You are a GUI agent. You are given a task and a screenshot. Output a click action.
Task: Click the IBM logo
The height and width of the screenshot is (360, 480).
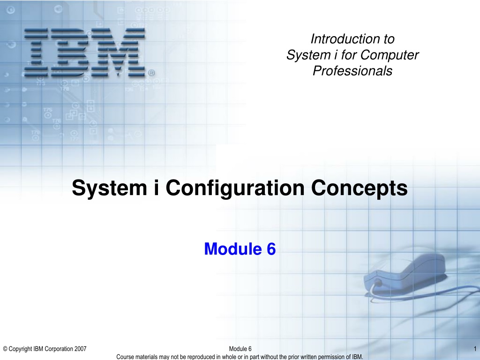pos(84,52)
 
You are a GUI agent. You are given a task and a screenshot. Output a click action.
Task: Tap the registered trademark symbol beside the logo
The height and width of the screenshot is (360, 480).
pos(151,73)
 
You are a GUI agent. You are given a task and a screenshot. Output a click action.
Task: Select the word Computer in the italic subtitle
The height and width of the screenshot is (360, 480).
pos(390,55)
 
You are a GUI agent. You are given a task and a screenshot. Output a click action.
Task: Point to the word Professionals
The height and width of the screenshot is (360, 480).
pos(352,71)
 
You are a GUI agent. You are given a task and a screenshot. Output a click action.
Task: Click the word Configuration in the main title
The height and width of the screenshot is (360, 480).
pos(235,188)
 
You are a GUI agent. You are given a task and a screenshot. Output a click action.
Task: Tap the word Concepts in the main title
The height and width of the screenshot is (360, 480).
pos(360,188)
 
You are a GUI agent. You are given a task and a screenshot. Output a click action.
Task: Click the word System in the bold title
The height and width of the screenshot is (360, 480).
pos(109,188)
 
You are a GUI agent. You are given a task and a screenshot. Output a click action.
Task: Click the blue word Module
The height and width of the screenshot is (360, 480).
pos(233,248)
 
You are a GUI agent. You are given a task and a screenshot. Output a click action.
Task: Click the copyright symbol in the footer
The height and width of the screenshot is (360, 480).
pos(5,349)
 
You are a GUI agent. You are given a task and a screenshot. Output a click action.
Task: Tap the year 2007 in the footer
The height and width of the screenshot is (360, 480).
pos(81,349)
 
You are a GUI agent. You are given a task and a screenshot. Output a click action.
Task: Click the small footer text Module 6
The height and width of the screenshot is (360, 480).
pos(240,349)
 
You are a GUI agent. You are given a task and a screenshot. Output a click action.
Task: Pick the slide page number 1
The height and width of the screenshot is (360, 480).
pos(475,349)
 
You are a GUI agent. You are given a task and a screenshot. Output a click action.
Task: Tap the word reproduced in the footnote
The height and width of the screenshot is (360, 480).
pos(201,357)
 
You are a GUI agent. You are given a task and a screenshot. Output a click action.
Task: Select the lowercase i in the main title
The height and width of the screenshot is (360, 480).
pos(156,187)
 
